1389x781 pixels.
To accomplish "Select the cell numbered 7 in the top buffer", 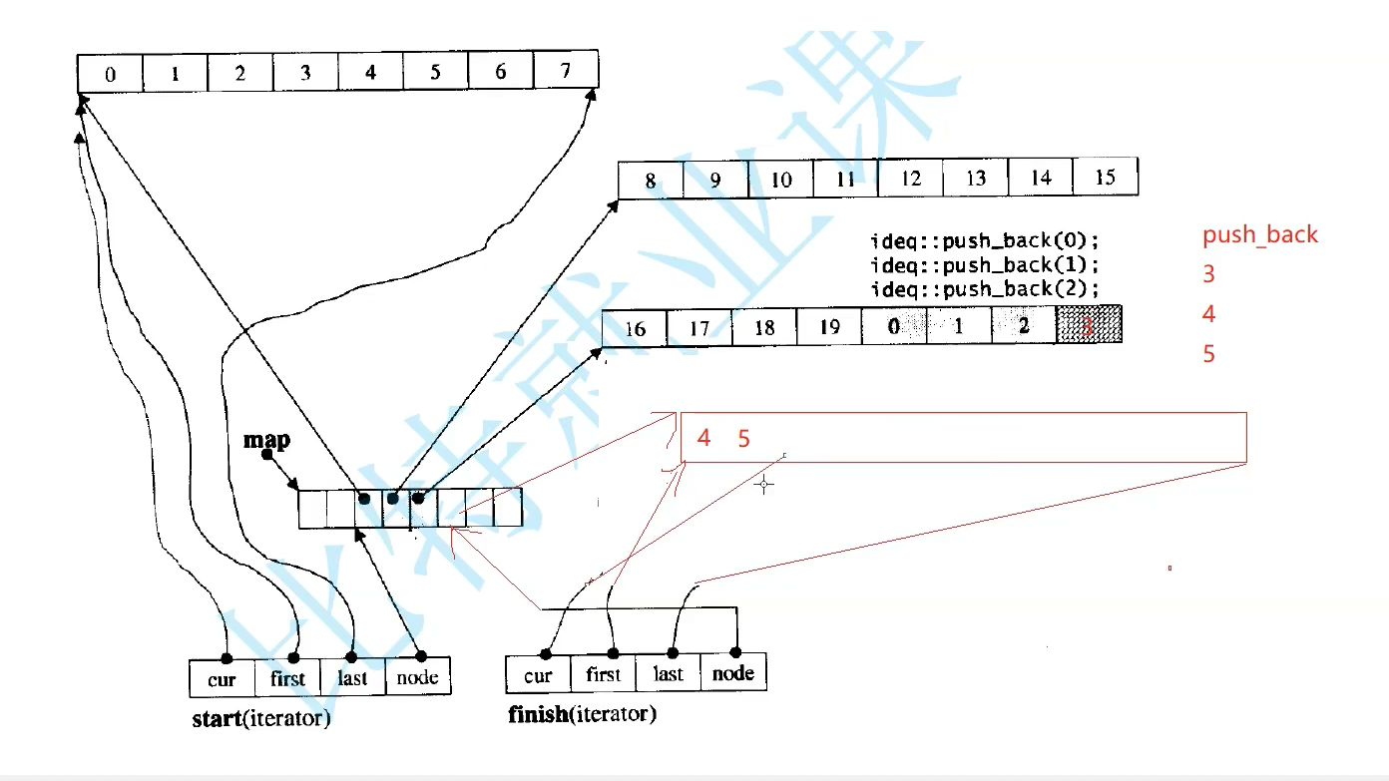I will pyautogui.click(x=566, y=71).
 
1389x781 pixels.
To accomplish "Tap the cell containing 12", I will pyautogui.click(x=910, y=179).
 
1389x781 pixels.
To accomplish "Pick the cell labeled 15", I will pyautogui.click(x=1105, y=178).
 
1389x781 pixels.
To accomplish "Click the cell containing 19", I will pyautogui.click(x=828, y=328).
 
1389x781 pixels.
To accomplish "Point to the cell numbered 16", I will pyautogui.click(x=634, y=328).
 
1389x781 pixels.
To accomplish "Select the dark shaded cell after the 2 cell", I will pyautogui.click(x=1089, y=325).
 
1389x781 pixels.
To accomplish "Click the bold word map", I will pyautogui.click(x=266, y=439).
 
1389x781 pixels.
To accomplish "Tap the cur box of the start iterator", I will pyautogui.click(x=222, y=679).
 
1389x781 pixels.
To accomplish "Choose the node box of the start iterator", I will pyautogui.click(x=417, y=678).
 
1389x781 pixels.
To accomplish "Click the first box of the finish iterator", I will pyautogui.click(x=603, y=674).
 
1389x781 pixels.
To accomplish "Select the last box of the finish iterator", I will pyautogui.click(x=668, y=674).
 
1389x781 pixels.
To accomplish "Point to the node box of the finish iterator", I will pyautogui.click(x=733, y=673).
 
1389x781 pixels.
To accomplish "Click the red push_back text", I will pyautogui.click(x=1259, y=235).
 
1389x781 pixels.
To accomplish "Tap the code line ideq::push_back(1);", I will pyautogui.click(x=985, y=265).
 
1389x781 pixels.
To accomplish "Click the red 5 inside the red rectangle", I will pyautogui.click(x=743, y=438).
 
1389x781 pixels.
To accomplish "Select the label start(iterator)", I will pyautogui.click(x=260, y=718).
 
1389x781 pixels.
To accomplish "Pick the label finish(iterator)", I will pyautogui.click(x=582, y=714).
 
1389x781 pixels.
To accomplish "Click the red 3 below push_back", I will pyautogui.click(x=1208, y=274).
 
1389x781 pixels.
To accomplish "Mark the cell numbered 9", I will pyautogui.click(x=715, y=182).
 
